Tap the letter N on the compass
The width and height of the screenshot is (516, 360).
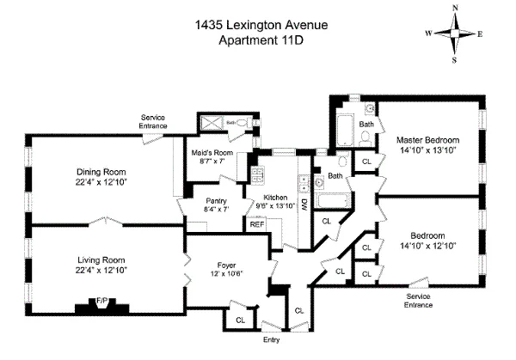(457, 7)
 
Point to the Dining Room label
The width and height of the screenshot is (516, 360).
(101, 170)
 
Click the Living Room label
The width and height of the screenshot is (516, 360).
(101, 260)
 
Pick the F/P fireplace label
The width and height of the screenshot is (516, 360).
(101, 302)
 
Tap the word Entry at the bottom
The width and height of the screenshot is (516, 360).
(270, 338)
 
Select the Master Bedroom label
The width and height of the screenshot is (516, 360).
(427, 140)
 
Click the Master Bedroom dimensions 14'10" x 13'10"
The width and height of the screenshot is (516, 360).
(427, 150)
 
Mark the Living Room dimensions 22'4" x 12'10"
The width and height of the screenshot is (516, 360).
(101, 271)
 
